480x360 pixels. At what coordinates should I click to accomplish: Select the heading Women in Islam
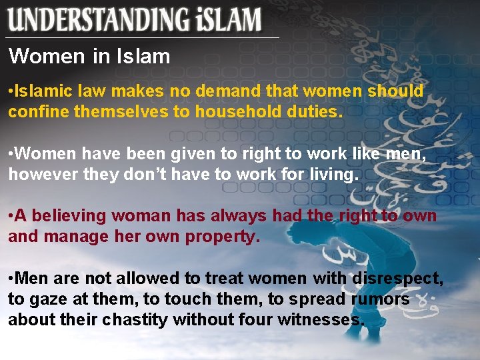[89, 57]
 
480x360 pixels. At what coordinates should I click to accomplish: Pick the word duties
[316, 112]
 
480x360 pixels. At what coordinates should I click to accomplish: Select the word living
[333, 175]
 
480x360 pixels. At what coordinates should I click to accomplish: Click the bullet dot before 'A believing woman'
[11, 216]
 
